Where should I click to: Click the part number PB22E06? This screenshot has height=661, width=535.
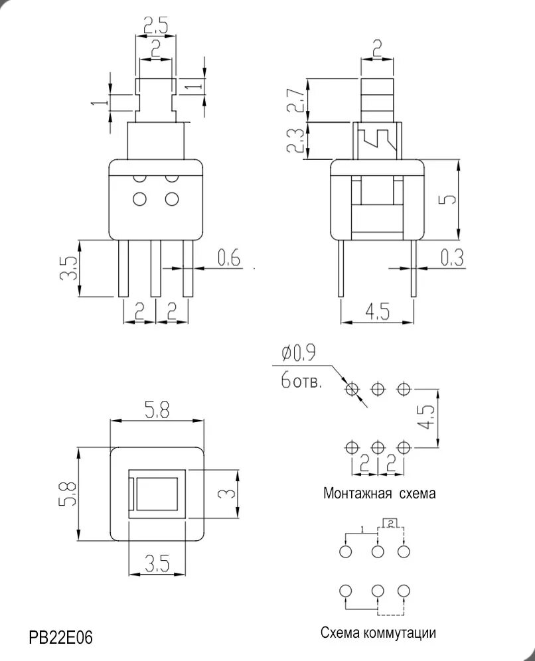[x=60, y=637]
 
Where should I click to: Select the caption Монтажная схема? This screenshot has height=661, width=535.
[x=379, y=493]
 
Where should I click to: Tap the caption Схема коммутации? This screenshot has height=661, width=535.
[x=378, y=632]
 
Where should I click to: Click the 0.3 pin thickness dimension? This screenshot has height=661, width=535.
[x=453, y=257]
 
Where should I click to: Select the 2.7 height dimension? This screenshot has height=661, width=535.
[x=297, y=100]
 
